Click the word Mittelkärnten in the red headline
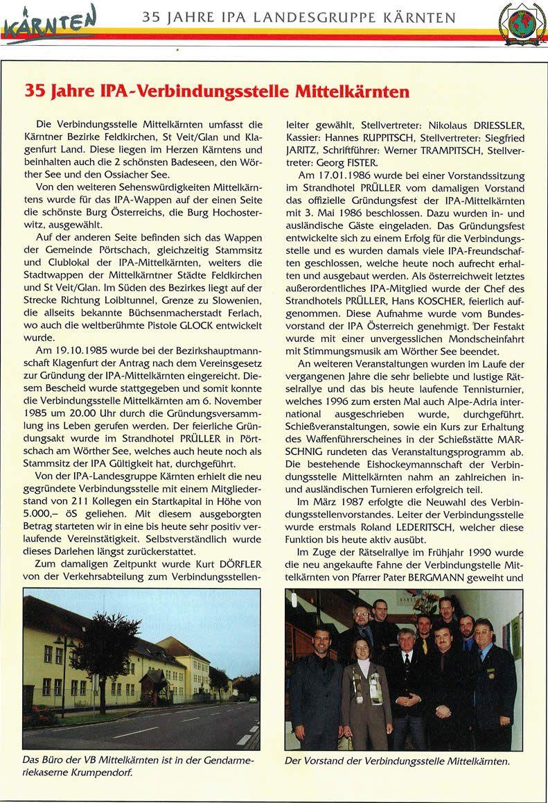[x=342, y=90]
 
